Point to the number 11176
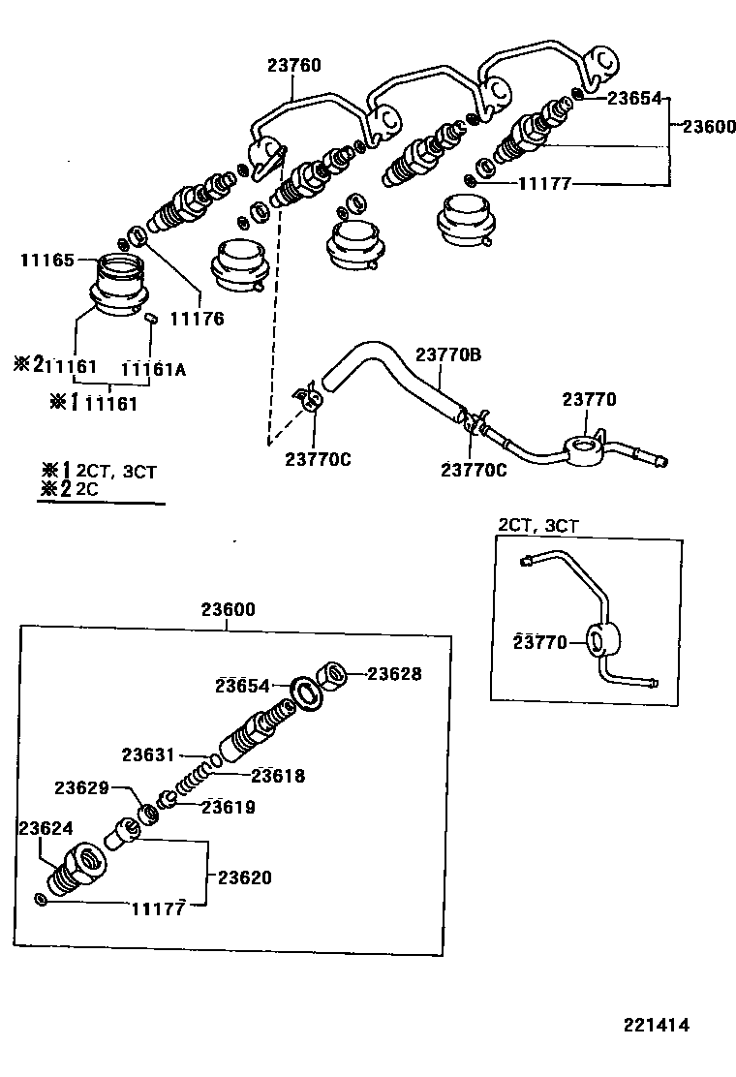click(x=197, y=318)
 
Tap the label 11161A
click(x=153, y=368)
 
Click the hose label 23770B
click(x=448, y=354)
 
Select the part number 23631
click(x=147, y=754)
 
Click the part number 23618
click(x=278, y=775)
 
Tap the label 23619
click(x=229, y=807)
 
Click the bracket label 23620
click(x=244, y=878)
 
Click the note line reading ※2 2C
click(x=72, y=489)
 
